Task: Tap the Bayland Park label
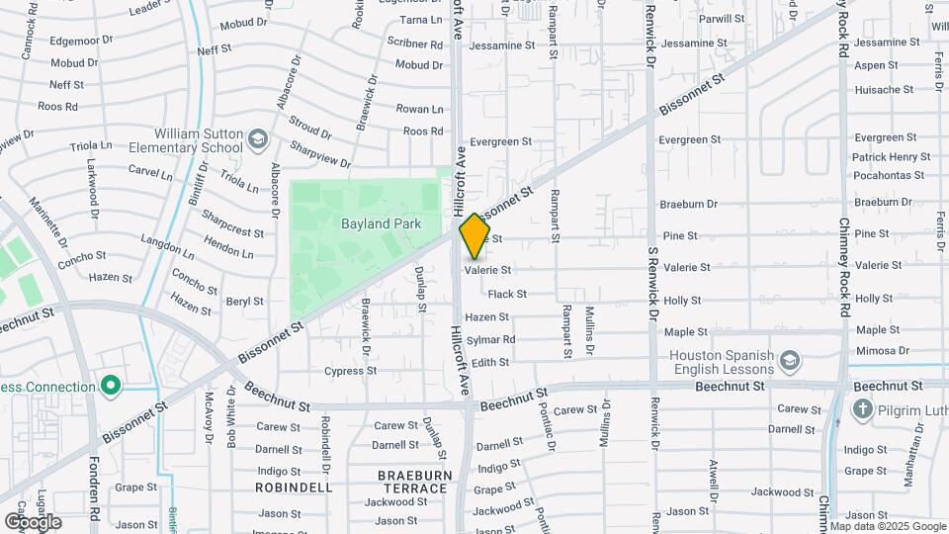381,224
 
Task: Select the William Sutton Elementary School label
198,140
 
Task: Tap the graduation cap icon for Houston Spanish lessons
790,362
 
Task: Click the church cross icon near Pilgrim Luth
863,408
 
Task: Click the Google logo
33,521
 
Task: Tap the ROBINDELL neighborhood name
294,488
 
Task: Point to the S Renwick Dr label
651,287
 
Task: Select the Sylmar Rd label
490,340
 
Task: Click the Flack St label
507,294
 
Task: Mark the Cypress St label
350,371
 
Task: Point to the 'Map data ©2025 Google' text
887,526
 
